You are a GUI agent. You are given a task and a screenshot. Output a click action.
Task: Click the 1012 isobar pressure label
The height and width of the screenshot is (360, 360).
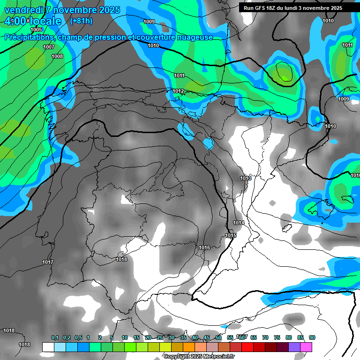pos(178,91)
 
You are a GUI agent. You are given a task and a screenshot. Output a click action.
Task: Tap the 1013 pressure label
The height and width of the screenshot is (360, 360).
pos(246,178)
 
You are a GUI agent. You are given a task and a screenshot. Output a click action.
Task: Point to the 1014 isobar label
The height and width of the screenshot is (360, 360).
pos(239,223)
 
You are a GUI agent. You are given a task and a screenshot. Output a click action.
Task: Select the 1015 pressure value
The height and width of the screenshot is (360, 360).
pos(231,235)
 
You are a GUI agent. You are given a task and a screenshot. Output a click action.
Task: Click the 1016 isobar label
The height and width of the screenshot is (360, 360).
pos(204,247)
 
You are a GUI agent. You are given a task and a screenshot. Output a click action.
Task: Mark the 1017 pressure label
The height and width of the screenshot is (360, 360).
pos(48,262)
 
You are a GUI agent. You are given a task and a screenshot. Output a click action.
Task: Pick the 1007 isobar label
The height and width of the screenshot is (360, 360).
pos(49,47)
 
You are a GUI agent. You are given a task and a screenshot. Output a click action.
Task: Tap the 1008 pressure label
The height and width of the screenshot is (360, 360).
pos(57,56)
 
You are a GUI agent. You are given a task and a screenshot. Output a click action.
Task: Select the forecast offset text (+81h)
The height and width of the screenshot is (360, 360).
pos(81,21)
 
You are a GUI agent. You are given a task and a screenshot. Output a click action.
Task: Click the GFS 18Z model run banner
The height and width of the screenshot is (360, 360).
pos(293,8)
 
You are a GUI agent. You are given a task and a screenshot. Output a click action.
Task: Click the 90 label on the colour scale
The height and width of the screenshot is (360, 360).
pos(312,337)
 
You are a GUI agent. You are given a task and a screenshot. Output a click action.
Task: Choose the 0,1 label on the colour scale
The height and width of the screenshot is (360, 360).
pos(55,337)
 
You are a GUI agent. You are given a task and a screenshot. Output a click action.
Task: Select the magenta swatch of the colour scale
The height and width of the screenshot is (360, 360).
pos(307,347)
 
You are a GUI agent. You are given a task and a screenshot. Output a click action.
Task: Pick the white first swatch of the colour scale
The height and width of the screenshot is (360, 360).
pos(48,347)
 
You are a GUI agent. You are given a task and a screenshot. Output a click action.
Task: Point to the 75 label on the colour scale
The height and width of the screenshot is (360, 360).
pos(277,337)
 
